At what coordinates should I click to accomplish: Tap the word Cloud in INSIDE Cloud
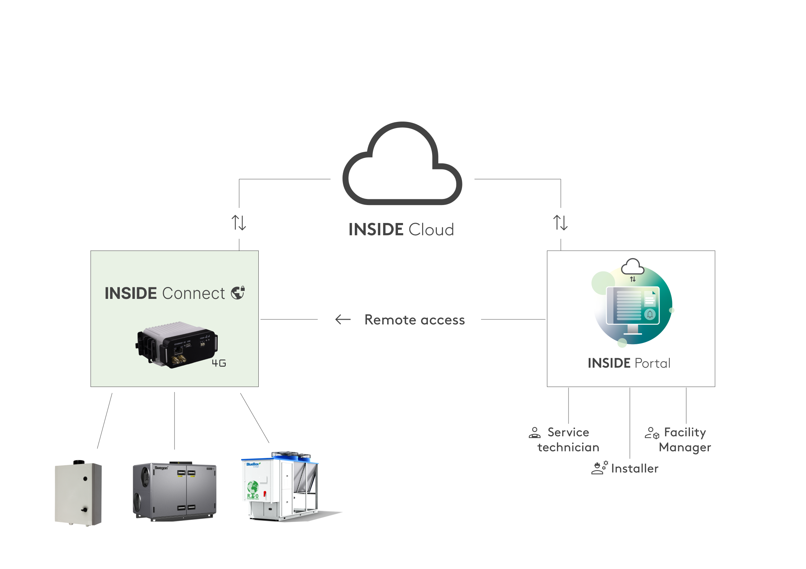(431, 230)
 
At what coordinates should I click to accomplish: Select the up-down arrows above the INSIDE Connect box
(239, 223)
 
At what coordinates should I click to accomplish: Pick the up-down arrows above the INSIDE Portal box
(560, 223)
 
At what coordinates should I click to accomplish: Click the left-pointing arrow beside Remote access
(343, 319)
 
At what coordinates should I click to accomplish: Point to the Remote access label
(415, 320)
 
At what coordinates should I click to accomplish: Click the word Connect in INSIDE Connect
(194, 293)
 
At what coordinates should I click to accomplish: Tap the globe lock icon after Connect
(238, 293)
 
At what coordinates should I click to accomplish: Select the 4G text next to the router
(219, 363)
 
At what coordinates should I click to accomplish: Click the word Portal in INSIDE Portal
(652, 363)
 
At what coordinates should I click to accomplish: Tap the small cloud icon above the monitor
(633, 267)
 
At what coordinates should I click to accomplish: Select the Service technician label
(568, 440)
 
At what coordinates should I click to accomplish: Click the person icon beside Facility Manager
(652, 433)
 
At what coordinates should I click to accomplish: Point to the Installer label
(635, 469)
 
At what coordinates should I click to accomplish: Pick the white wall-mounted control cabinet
(78, 493)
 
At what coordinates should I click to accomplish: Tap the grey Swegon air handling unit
(175, 491)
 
